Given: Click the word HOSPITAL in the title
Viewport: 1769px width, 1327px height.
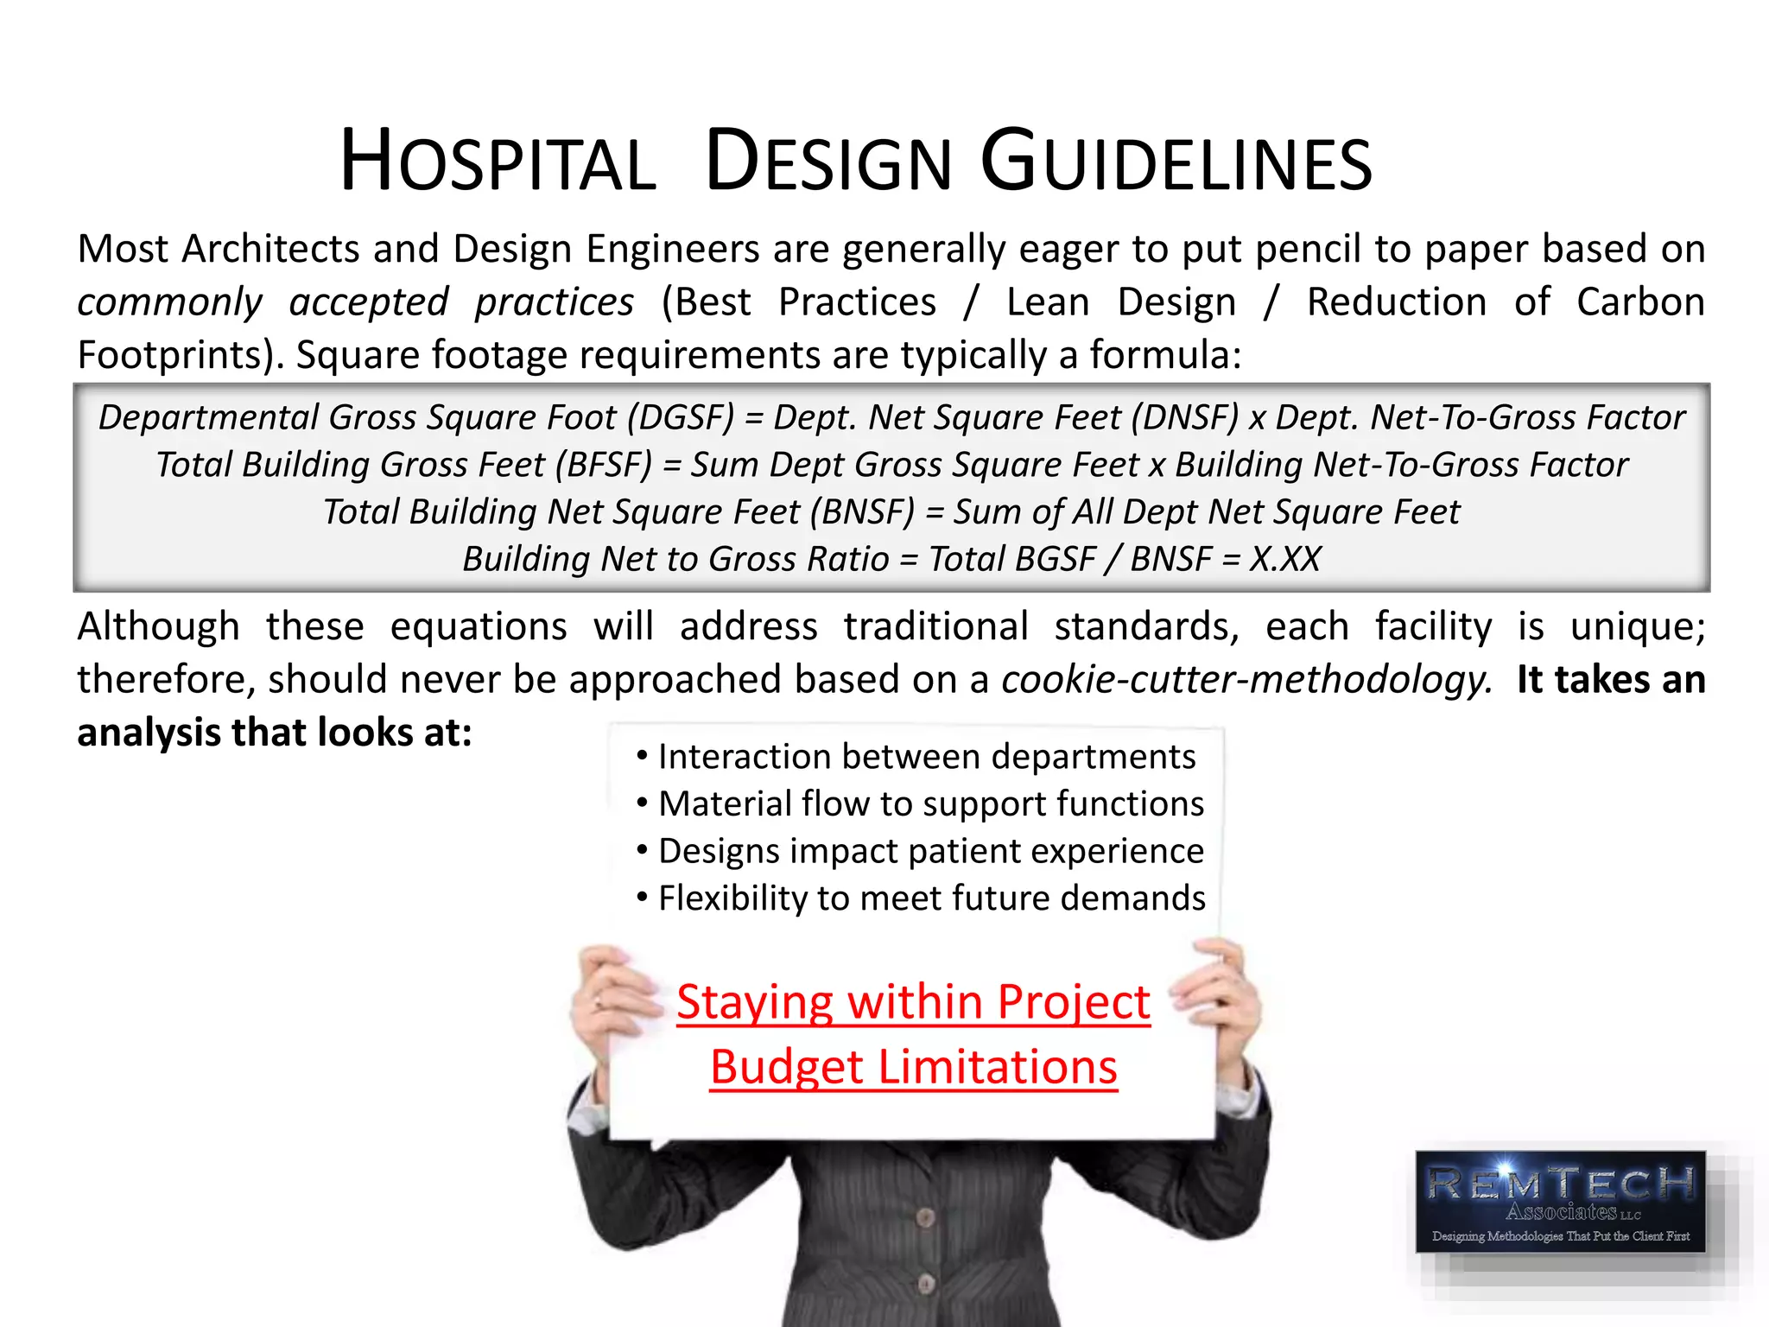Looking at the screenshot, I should [x=498, y=162].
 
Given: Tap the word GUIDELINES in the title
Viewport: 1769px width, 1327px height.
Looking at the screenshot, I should [x=1176, y=162].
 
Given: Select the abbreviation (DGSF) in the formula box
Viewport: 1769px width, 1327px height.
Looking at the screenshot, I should [x=681, y=417].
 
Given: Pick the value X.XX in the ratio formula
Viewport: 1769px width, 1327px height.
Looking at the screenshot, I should [x=1285, y=559].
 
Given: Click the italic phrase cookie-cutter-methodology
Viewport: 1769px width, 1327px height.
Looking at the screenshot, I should [x=1246, y=679].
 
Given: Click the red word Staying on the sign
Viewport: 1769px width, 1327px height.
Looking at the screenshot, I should [x=755, y=1002].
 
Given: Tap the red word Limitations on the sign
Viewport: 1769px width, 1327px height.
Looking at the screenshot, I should [x=998, y=1067].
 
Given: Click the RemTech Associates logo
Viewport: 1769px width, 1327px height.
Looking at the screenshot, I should [x=1560, y=1202].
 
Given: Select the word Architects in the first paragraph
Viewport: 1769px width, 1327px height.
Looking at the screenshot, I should [x=270, y=249].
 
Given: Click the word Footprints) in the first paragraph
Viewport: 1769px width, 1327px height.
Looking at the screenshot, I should [x=181, y=355].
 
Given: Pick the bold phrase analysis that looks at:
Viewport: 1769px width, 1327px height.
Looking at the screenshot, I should [x=275, y=733].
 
